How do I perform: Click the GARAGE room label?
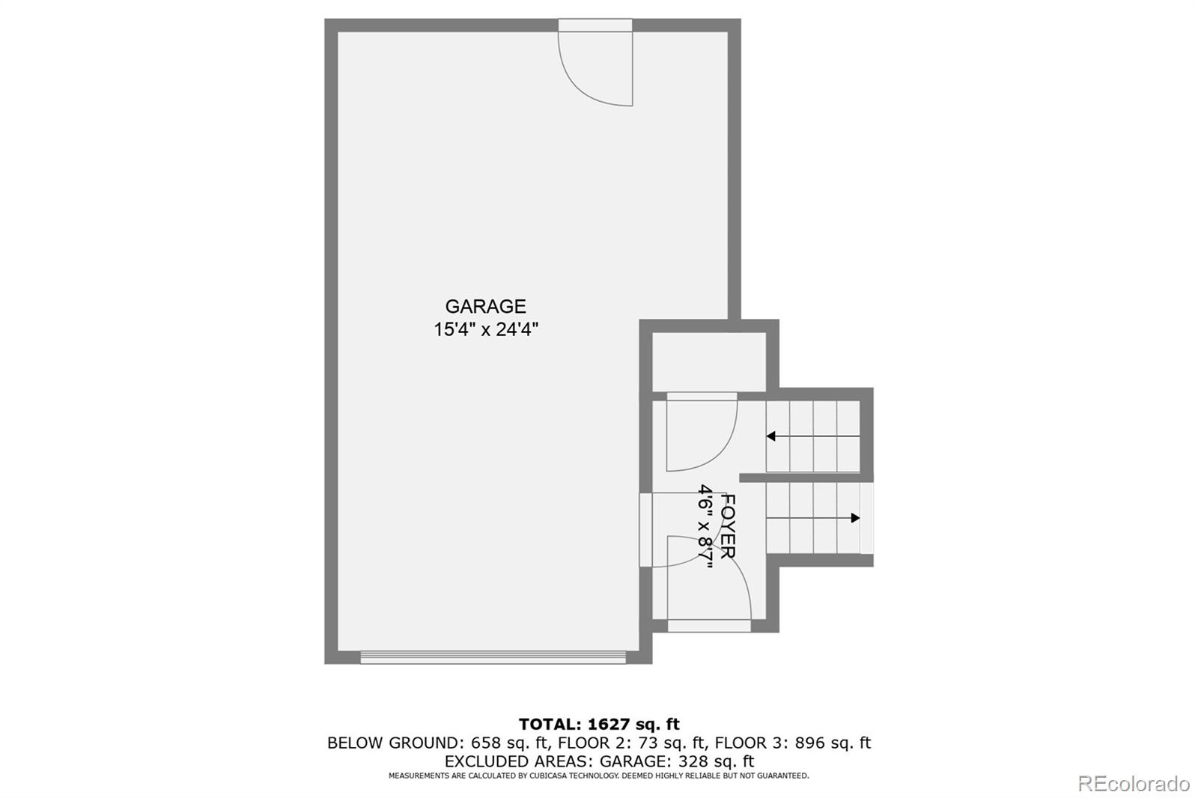click(485, 306)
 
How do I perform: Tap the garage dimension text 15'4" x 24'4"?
click(486, 329)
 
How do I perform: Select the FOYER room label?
click(727, 526)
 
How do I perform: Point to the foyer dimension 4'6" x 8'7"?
click(705, 526)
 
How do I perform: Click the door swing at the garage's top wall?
click(596, 66)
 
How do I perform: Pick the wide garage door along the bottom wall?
click(493, 657)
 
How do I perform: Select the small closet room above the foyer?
click(708, 362)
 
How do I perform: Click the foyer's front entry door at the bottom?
click(708, 624)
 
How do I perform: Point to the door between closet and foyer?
click(702, 397)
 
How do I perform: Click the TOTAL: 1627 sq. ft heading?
click(599, 724)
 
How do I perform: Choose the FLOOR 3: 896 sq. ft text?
click(793, 743)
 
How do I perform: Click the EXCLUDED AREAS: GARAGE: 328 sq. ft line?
click(599, 761)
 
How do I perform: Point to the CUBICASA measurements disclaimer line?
click(599, 776)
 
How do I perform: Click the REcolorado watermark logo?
click(1133, 784)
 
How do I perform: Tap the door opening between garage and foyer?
click(645, 530)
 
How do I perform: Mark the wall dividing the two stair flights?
click(806, 477)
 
